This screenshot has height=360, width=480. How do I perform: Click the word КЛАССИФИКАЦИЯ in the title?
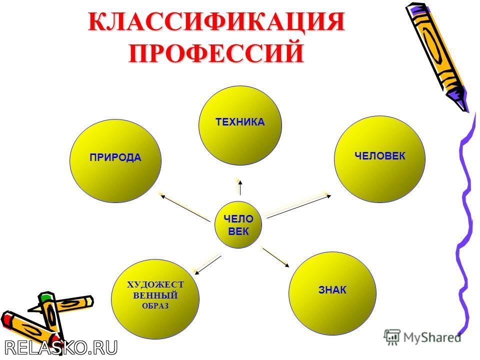(x=216, y=21)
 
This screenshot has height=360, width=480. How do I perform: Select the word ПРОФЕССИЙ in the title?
(x=216, y=52)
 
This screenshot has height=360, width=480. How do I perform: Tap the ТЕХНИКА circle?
(x=240, y=125)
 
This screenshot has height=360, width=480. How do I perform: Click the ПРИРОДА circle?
(x=115, y=161)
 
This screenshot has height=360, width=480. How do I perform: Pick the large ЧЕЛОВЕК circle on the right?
(x=379, y=159)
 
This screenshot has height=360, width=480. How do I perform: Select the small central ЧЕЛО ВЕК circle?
(x=238, y=224)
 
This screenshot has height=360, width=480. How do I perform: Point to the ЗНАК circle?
(x=332, y=293)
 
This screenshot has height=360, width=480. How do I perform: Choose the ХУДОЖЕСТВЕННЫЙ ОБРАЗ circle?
(x=155, y=299)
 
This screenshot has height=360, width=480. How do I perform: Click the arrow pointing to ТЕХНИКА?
(x=240, y=187)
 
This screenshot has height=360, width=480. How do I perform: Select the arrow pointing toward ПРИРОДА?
(x=185, y=208)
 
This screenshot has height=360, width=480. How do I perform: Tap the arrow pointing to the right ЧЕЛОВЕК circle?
(x=299, y=206)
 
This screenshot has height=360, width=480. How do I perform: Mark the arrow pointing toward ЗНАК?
(x=275, y=257)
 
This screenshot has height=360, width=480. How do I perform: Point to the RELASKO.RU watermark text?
(x=61, y=348)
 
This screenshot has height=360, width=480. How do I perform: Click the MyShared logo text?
(x=432, y=337)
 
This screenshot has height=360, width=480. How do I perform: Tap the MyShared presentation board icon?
(x=392, y=337)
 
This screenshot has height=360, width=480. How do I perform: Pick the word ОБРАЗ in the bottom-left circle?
(x=155, y=306)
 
